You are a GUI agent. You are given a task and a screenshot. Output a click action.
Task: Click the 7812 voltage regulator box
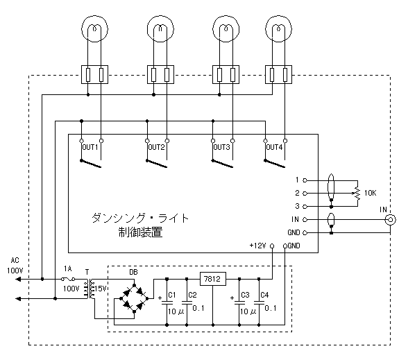pos(213,279)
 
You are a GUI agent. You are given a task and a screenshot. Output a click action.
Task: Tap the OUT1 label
pos(90,147)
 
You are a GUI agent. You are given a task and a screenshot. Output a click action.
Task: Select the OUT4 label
pos(275,147)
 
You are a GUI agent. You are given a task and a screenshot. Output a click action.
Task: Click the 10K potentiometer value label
pos(370,193)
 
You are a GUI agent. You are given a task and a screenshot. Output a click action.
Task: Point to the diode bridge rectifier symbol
pos(135,298)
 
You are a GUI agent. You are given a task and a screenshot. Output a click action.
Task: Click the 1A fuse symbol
pos(68,279)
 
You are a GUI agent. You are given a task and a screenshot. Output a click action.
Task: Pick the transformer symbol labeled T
pos(89,289)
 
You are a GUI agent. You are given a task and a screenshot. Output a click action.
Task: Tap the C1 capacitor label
pos(172,295)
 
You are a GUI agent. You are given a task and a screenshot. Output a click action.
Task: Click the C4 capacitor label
pos(264,295)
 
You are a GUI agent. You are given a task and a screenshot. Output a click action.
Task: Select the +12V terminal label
pos(257,246)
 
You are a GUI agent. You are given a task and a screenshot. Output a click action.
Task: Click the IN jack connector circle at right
pos(390,219)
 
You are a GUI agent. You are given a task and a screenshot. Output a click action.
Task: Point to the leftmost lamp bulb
pos(94,28)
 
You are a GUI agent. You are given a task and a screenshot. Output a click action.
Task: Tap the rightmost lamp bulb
pos(278,28)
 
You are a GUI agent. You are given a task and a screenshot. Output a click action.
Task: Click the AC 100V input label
pos(15,266)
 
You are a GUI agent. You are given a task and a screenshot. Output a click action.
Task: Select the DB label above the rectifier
pos(134,272)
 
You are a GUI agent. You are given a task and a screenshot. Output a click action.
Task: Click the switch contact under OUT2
pos(157,164)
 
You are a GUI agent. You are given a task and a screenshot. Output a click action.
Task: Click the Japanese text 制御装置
pos(140,232)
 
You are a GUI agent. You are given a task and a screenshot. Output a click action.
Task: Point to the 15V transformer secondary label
pos(100,289)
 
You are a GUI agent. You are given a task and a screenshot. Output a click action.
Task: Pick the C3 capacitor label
pos(245,295)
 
